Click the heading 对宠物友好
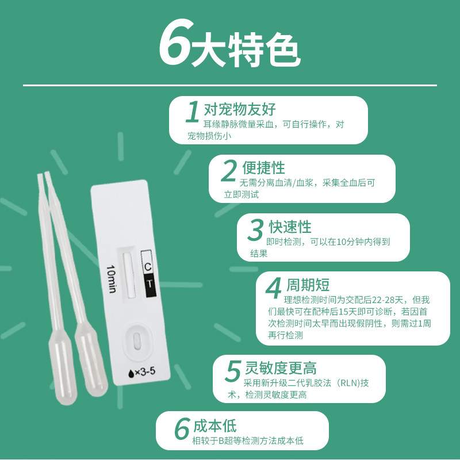[240, 109]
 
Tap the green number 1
[193, 112]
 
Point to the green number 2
[229, 171]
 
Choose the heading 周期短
[308, 285]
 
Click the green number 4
[274, 287]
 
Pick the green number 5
[232, 371]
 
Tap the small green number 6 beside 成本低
[182, 429]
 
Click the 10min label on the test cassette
[112, 278]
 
